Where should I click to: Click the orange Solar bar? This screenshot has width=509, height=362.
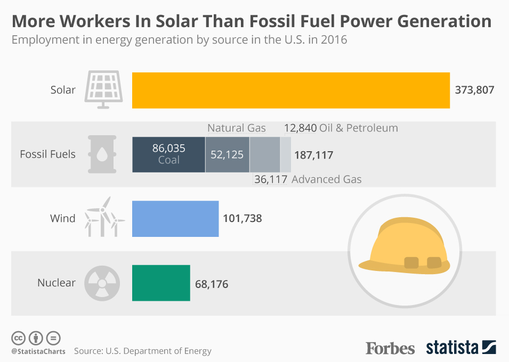[x=290, y=90]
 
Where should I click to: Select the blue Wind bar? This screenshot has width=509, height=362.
[x=175, y=218]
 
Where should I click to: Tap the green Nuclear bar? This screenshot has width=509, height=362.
[x=161, y=283]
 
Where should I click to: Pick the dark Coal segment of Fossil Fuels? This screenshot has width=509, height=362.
[x=168, y=154]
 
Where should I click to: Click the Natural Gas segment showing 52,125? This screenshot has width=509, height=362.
[x=227, y=154]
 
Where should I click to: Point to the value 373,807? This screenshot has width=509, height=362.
[x=474, y=90]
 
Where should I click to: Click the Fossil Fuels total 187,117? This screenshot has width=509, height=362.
[x=313, y=155]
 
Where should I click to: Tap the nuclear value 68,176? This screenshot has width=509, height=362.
[x=212, y=284]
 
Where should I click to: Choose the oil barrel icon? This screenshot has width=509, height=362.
[x=101, y=154]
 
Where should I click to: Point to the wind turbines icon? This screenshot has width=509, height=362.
[x=103, y=217]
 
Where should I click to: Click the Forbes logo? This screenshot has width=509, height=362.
[x=390, y=348]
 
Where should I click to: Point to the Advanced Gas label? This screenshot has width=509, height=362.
[x=327, y=179]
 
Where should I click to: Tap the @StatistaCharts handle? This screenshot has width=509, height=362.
[x=38, y=351]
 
